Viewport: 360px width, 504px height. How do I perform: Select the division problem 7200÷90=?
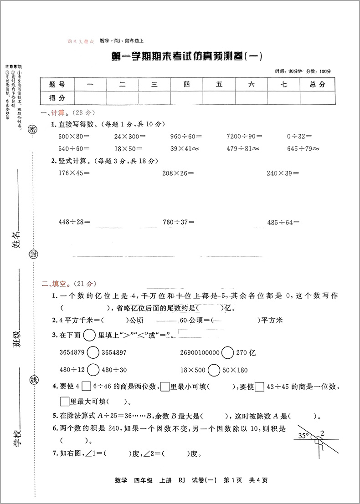244,136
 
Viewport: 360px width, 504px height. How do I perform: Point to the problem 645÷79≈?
303,148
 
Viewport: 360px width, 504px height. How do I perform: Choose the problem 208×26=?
178,173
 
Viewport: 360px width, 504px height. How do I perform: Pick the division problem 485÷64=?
283,222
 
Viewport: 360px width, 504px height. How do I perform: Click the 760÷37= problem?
178,222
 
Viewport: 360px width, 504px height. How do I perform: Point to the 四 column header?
187,84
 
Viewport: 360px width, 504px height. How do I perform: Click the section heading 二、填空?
54,284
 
